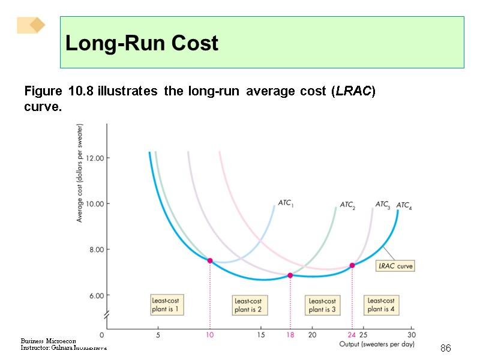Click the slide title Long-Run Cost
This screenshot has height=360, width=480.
[142, 43]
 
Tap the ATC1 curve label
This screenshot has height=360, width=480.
[286, 203]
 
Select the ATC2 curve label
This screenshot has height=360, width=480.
[347, 205]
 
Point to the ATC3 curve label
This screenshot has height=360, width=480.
[382, 205]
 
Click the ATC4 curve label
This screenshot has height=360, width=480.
[404, 206]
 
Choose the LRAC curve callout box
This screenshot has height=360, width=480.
[395, 266]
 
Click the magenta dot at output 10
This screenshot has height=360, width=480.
[210, 260]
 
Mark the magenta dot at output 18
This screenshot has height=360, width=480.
[290, 275]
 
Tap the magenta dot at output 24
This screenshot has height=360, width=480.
[352, 265]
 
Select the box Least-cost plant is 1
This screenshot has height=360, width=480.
[164, 305]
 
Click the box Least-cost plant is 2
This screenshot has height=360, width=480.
[248, 305]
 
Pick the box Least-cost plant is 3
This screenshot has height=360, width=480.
[322, 305]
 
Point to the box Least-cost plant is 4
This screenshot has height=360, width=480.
[381, 305]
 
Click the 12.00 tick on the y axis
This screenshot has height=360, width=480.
[95, 158]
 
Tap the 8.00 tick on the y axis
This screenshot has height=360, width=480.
[95, 250]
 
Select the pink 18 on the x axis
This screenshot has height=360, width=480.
[290, 335]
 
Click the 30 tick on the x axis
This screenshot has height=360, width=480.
[411, 335]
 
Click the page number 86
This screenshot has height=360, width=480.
[445, 348]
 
